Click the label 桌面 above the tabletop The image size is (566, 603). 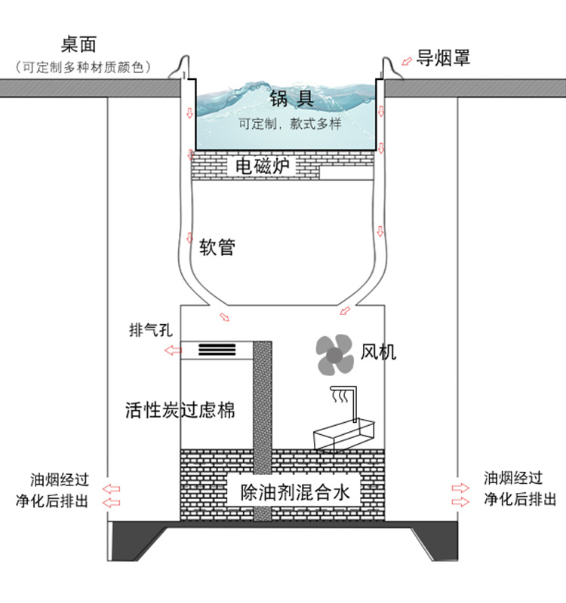(x=78, y=44)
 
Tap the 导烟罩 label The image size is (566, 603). (x=443, y=58)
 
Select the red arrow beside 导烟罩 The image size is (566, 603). (x=407, y=61)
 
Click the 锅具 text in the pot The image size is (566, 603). (x=291, y=98)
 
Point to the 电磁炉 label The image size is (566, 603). (x=263, y=166)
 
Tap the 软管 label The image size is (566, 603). (x=217, y=247)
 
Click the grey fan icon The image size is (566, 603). (x=334, y=355)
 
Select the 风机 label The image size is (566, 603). (x=378, y=352)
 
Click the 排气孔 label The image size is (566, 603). (x=150, y=330)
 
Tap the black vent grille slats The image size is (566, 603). (x=217, y=350)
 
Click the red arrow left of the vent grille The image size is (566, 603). (x=173, y=350)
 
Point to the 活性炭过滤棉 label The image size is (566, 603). (x=180, y=410)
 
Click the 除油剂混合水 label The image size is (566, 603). (x=295, y=493)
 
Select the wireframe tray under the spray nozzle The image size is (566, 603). (x=344, y=435)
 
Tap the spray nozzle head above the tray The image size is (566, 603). (x=339, y=394)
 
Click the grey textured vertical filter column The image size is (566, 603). (x=263, y=430)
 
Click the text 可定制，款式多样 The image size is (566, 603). (x=290, y=124)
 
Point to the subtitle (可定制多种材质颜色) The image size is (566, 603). (x=83, y=67)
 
